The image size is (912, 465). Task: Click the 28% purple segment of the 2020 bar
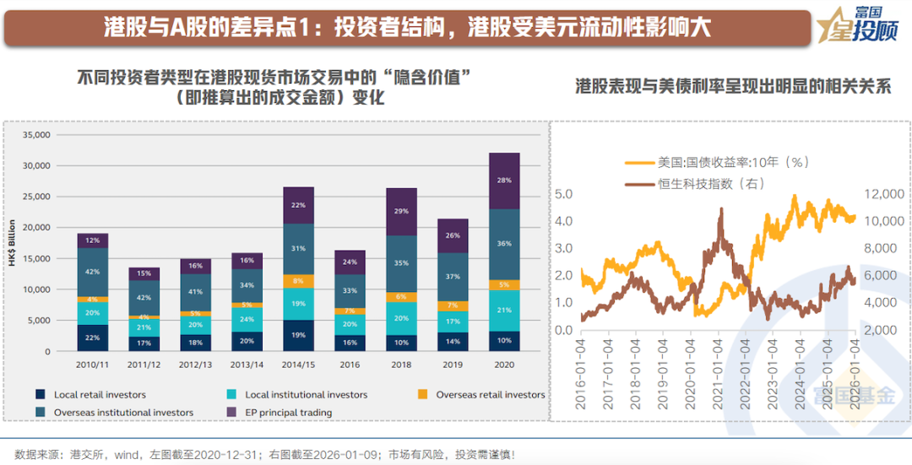coord(504,181)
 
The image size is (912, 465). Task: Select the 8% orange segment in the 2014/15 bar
coord(299,281)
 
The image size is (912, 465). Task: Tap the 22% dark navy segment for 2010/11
coord(93,338)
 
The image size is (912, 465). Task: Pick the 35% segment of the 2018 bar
coord(402,263)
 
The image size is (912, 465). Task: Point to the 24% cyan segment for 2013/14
coord(247,320)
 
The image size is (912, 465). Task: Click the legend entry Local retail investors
coord(99,394)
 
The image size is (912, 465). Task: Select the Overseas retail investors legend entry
coord(490,394)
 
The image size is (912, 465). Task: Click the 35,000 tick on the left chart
coord(38,135)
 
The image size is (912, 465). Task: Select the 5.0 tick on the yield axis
coord(563,194)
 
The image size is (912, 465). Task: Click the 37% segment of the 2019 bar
coord(453,276)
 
